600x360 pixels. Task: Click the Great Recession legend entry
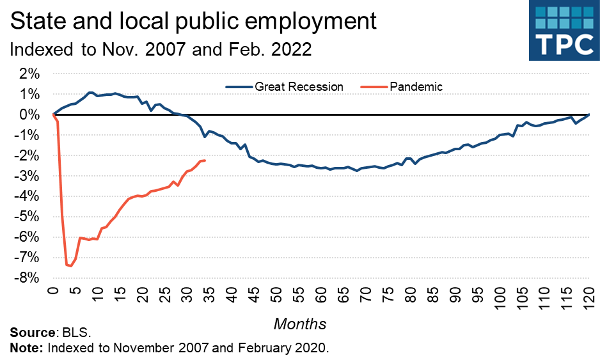pos(299,86)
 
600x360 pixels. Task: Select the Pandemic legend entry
pos(416,86)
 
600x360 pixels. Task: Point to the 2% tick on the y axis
pos(28,74)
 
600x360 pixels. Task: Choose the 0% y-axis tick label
pos(28,114)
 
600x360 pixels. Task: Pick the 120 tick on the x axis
pos(588,297)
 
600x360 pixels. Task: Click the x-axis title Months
pos(300,324)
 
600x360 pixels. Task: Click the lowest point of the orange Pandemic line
pos(71,266)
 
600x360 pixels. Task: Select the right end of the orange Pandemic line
pos(204,160)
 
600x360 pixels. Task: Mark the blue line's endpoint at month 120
pos(588,114)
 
